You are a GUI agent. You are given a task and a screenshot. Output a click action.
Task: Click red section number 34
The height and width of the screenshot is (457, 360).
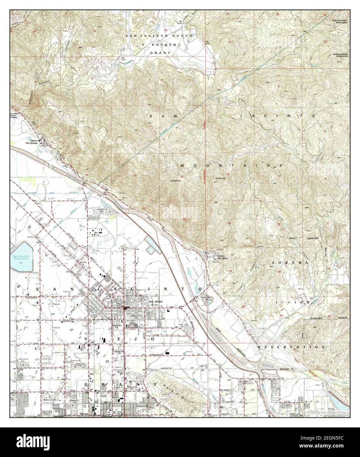[95, 31]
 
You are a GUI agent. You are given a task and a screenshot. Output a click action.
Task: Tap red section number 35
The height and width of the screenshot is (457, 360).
[166, 30]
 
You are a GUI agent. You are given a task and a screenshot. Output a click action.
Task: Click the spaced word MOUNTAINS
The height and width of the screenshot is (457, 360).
[231, 165]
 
